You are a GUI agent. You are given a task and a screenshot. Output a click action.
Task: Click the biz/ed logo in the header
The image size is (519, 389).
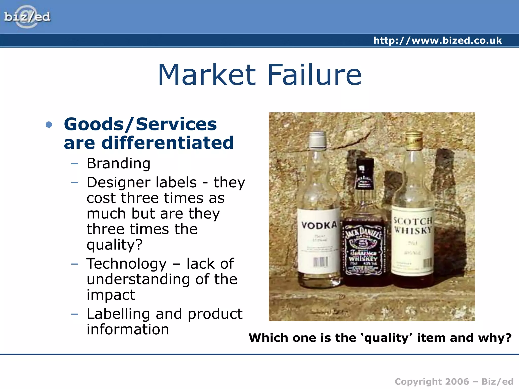coord(27,17)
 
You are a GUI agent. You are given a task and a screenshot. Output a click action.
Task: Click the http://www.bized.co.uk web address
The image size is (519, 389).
coord(437,41)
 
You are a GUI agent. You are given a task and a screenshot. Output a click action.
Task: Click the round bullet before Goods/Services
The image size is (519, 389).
coord(49,124)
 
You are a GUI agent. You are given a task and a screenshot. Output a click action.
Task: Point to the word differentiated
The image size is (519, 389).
coord(167,143)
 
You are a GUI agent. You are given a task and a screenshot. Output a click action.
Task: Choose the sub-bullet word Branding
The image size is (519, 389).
coord(119,163)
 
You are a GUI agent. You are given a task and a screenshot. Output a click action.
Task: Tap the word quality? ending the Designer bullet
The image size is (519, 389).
coord(115,245)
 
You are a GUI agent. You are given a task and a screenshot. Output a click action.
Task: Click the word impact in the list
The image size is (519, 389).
coord(111,295)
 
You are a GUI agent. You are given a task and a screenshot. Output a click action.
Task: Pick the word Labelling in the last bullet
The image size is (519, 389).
coord(118,314)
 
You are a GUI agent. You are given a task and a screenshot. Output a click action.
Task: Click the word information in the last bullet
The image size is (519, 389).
coord(128,329)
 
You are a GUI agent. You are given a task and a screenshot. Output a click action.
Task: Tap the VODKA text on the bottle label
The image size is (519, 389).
coord(319,225)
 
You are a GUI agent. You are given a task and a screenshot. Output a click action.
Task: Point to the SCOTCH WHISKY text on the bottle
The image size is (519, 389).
coord(413,225)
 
